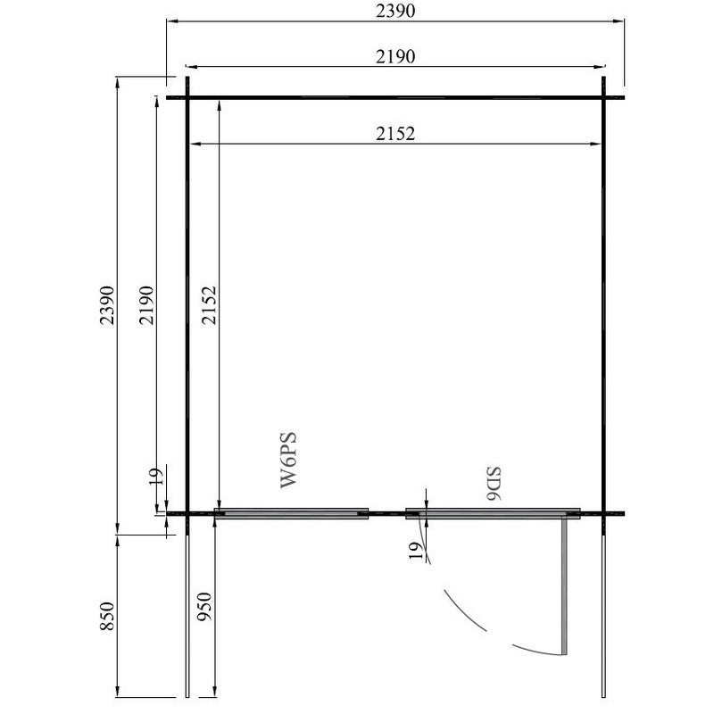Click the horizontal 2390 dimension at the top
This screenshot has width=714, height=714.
(x=395, y=11)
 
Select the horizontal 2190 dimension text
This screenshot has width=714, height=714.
(x=395, y=56)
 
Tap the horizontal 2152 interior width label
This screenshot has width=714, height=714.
(x=395, y=134)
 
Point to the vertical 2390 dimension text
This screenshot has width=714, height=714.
(x=107, y=305)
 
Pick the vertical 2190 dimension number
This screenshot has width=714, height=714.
(x=146, y=305)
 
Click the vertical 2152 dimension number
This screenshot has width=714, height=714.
(x=209, y=305)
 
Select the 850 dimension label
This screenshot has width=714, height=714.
(x=107, y=616)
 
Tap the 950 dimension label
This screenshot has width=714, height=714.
(x=204, y=607)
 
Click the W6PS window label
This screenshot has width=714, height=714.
(x=288, y=460)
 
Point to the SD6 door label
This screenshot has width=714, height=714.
(x=494, y=484)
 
